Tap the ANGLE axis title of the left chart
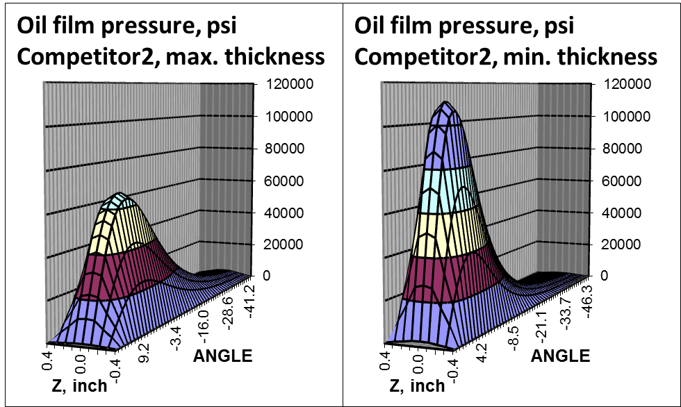pos(222,357)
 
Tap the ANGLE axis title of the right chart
pos(560,357)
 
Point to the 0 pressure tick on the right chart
pos(605,276)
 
